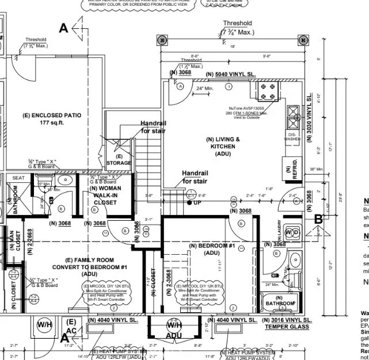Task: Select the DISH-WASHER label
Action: (292, 137)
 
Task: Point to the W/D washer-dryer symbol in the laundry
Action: (292, 232)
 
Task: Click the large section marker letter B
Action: (318, 219)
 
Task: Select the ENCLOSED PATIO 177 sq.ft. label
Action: (52, 119)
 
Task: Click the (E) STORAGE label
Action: (119, 160)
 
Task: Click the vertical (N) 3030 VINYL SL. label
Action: (309, 113)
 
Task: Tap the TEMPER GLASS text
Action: (287, 327)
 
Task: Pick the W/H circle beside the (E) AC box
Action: (44, 325)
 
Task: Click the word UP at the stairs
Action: (197, 203)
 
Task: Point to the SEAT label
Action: (18, 178)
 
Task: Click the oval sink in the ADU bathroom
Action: (295, 259)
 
